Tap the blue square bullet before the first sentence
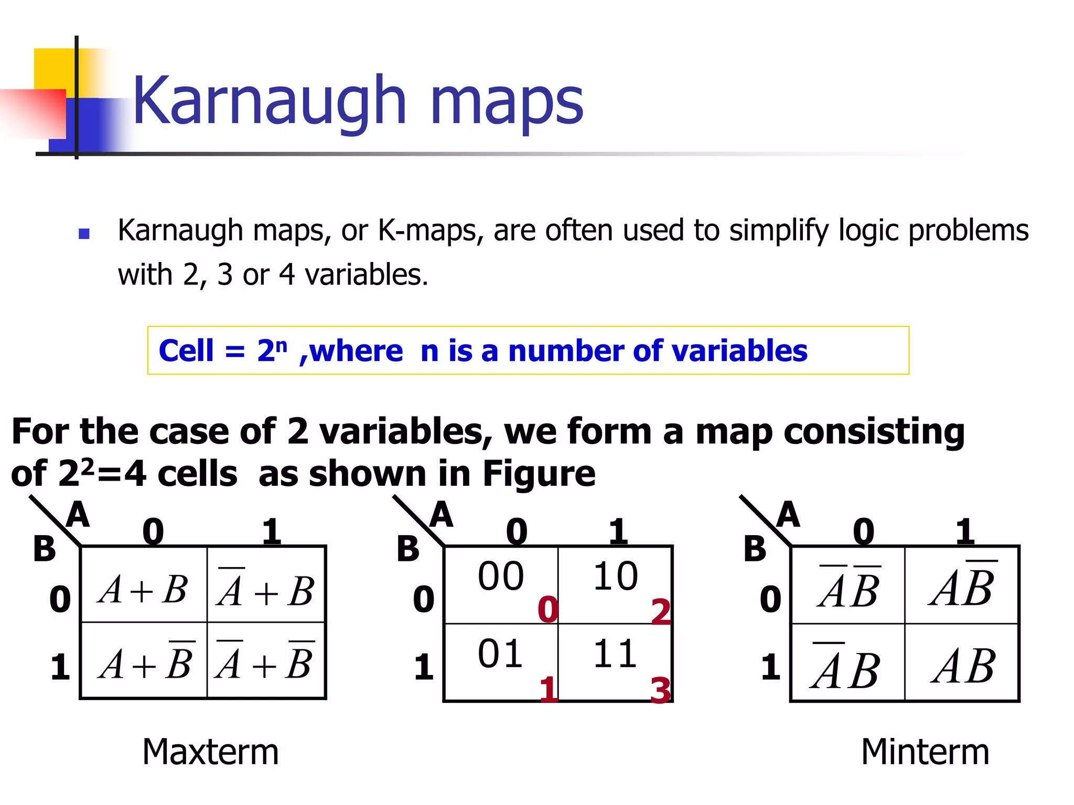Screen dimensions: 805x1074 pos(84,234)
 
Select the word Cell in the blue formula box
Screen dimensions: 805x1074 pos(186,351)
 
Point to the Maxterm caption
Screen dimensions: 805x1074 pos(210,752)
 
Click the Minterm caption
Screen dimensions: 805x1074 pos(925,752)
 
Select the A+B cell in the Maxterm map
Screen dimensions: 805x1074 pos(143,589)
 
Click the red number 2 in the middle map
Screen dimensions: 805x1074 pos(661,612)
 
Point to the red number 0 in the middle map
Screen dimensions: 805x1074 pos(548,610)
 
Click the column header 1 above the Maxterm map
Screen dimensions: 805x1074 pos(272,531)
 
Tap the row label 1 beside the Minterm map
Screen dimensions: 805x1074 pos(770,667)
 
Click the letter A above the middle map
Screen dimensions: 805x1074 pos(441,515)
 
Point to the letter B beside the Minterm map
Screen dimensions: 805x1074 pos(755,549)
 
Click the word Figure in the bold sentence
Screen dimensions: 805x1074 pos(539,473)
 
